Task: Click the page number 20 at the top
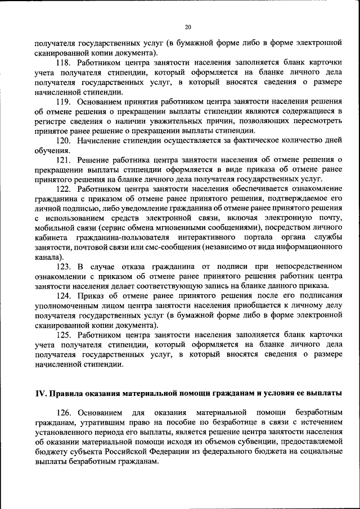pos(188,26)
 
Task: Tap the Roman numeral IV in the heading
pos(41,393)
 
